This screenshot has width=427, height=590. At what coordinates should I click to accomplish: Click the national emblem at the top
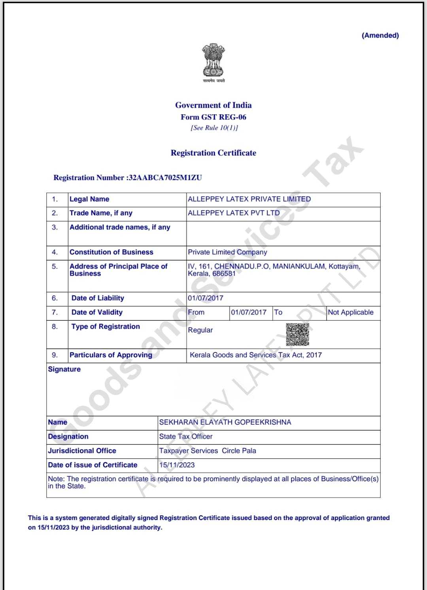click(x=213, y=60)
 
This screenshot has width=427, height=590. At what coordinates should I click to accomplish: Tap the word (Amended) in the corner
click(x=380, y=35)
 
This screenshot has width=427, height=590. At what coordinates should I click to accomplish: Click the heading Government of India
click(x=213, y=105)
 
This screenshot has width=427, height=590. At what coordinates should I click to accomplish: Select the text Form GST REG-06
click(x=213, y=117)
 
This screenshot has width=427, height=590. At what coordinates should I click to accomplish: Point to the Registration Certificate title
click(x=213, y=153)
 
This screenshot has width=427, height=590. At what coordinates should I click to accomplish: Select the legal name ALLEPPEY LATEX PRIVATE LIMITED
click(x=249, y=199)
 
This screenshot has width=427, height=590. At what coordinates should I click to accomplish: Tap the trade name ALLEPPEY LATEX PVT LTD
click(x=234, y=213)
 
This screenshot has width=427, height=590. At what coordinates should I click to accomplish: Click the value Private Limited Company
click(x=227, y=252)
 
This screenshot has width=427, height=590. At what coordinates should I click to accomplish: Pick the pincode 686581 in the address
click(x=224, y=274)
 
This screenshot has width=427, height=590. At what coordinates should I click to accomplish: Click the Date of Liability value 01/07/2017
click(x=206, y=298)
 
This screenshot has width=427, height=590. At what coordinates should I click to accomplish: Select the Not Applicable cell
click(x=351, y=312)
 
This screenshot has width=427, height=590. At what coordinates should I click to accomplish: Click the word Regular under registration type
click(x=200, y=330)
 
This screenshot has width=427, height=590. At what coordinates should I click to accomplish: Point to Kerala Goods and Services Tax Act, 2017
click(x=256, y=355)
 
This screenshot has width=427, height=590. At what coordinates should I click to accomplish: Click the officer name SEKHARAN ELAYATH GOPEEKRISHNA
click(x=225, y=422)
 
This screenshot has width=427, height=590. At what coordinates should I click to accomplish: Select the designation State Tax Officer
click(x=186, y=437)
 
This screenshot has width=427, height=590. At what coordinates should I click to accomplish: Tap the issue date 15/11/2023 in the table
click(x=177, y=465)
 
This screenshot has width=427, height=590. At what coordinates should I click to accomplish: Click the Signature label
click(x=64, y=369)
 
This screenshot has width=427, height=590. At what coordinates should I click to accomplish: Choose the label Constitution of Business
click(x=111, y=252)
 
